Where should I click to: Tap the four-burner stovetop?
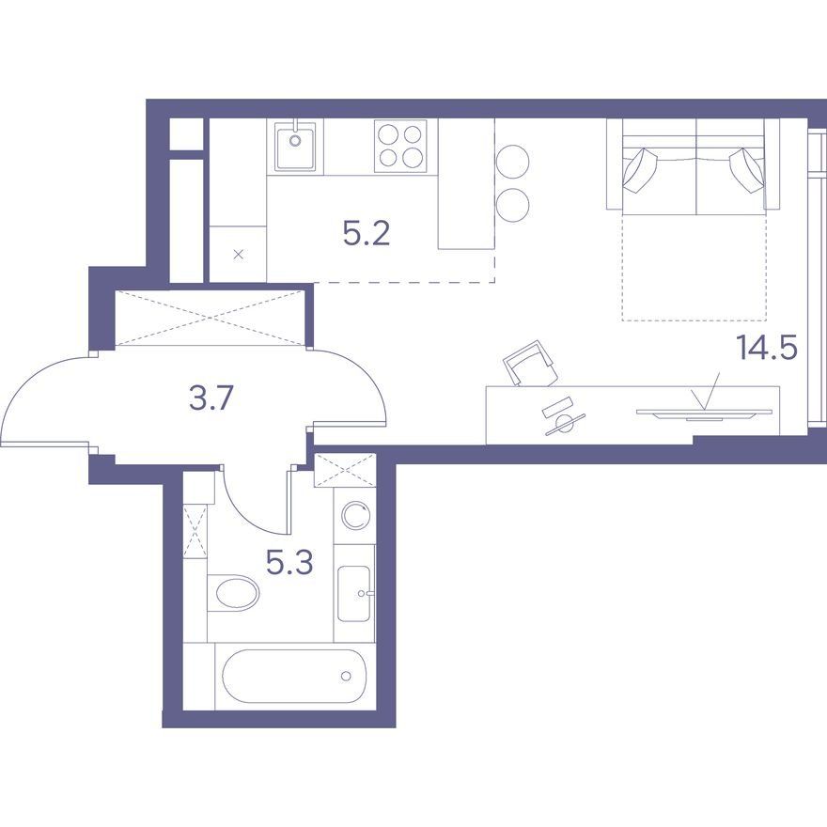[x=400, y=146]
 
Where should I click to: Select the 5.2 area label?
[x=367, y=234]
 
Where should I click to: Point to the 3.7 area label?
[x=211, y=398]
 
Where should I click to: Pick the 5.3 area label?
[x=289, y=562]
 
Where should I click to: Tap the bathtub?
[x=295, y=676]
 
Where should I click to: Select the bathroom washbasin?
[x=354, y=594]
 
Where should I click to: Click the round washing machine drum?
[x=355, y=515]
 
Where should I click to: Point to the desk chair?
[x=530, y=364]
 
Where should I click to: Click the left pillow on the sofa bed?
[x=640, y=170]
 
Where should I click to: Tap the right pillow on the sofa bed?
[x=747, y=170]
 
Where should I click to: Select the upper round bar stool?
[x=512, y=162]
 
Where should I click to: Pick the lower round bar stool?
[x=512, y=205]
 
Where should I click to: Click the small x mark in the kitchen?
[x=239, y=255]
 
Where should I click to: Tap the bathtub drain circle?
[x=346, y=676]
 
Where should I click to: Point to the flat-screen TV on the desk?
[x=704, y=413]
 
